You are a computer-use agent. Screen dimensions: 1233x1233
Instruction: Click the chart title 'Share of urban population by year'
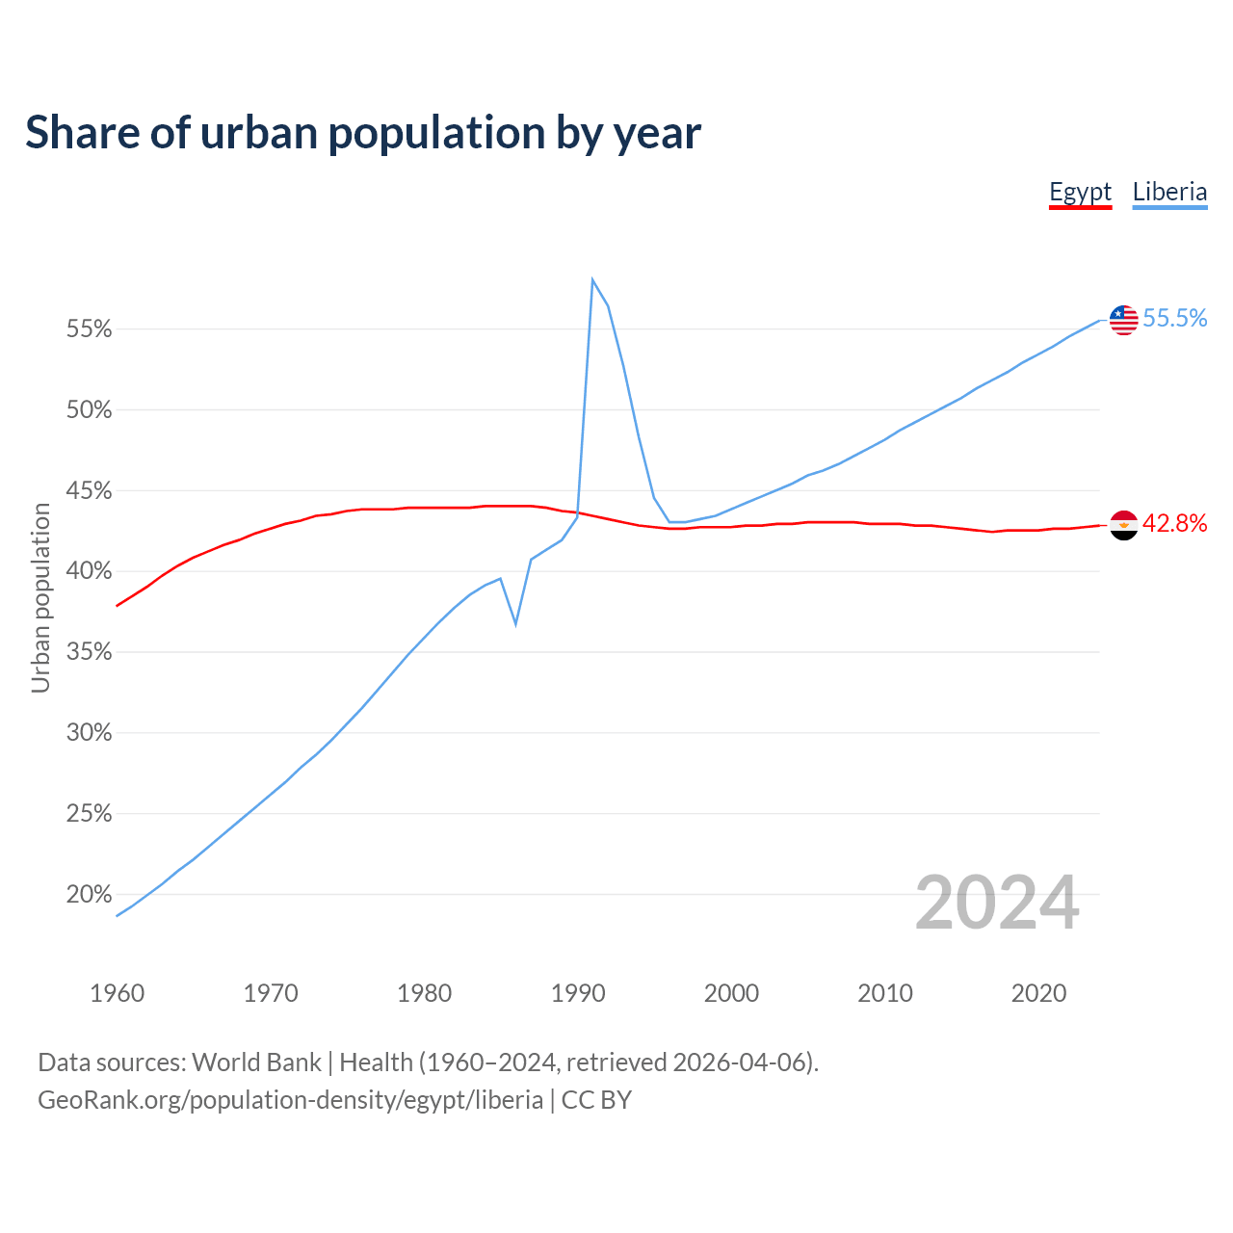(363, 133)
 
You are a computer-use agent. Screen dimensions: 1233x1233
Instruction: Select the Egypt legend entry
(1080, 192)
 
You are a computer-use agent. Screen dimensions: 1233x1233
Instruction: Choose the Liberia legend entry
(1169, 192)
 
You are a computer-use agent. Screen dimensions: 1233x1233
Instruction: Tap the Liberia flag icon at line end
(1123, 320)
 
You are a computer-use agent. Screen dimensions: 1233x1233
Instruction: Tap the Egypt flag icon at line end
(1123, 525)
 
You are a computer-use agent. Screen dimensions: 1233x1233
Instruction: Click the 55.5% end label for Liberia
(1174, 319)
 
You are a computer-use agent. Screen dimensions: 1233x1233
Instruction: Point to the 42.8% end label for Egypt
(1174, 523)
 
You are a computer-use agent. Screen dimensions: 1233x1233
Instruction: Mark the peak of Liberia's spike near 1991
(592, 280)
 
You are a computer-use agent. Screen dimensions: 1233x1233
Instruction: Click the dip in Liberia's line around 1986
(516, 624)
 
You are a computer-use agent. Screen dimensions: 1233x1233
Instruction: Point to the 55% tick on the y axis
(90, 329)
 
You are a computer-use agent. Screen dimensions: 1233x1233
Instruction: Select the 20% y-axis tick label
(90, 895)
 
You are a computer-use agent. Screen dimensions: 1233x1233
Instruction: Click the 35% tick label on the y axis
(90, 652)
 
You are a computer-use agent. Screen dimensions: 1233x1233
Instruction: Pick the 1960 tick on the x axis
(118, 993)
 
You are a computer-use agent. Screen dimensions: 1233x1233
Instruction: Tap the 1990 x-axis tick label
(578, 993)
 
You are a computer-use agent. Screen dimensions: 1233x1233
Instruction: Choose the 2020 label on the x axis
(1038, 993)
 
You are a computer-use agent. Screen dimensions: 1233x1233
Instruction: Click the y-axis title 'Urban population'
(40, 597)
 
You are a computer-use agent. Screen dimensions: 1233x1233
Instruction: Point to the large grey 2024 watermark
(997, 903)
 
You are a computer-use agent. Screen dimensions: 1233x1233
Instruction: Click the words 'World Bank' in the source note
(256, 1062)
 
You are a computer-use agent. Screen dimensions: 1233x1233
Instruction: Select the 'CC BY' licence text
(596, 1100)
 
